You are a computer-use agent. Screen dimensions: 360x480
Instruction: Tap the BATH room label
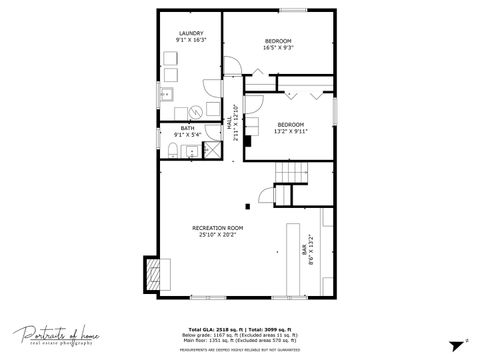pyautogui.click(x=187, y=128)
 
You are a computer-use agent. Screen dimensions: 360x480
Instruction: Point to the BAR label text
pyautogui.click(x=303, y=250)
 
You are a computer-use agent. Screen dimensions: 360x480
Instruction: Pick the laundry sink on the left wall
pyautogui.click(x=167, y=96)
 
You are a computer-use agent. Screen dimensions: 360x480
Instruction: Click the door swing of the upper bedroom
pyautogui.click(x=232, y=67)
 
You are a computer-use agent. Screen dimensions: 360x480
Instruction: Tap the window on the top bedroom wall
pyautogui.click(x=293, y=11)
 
